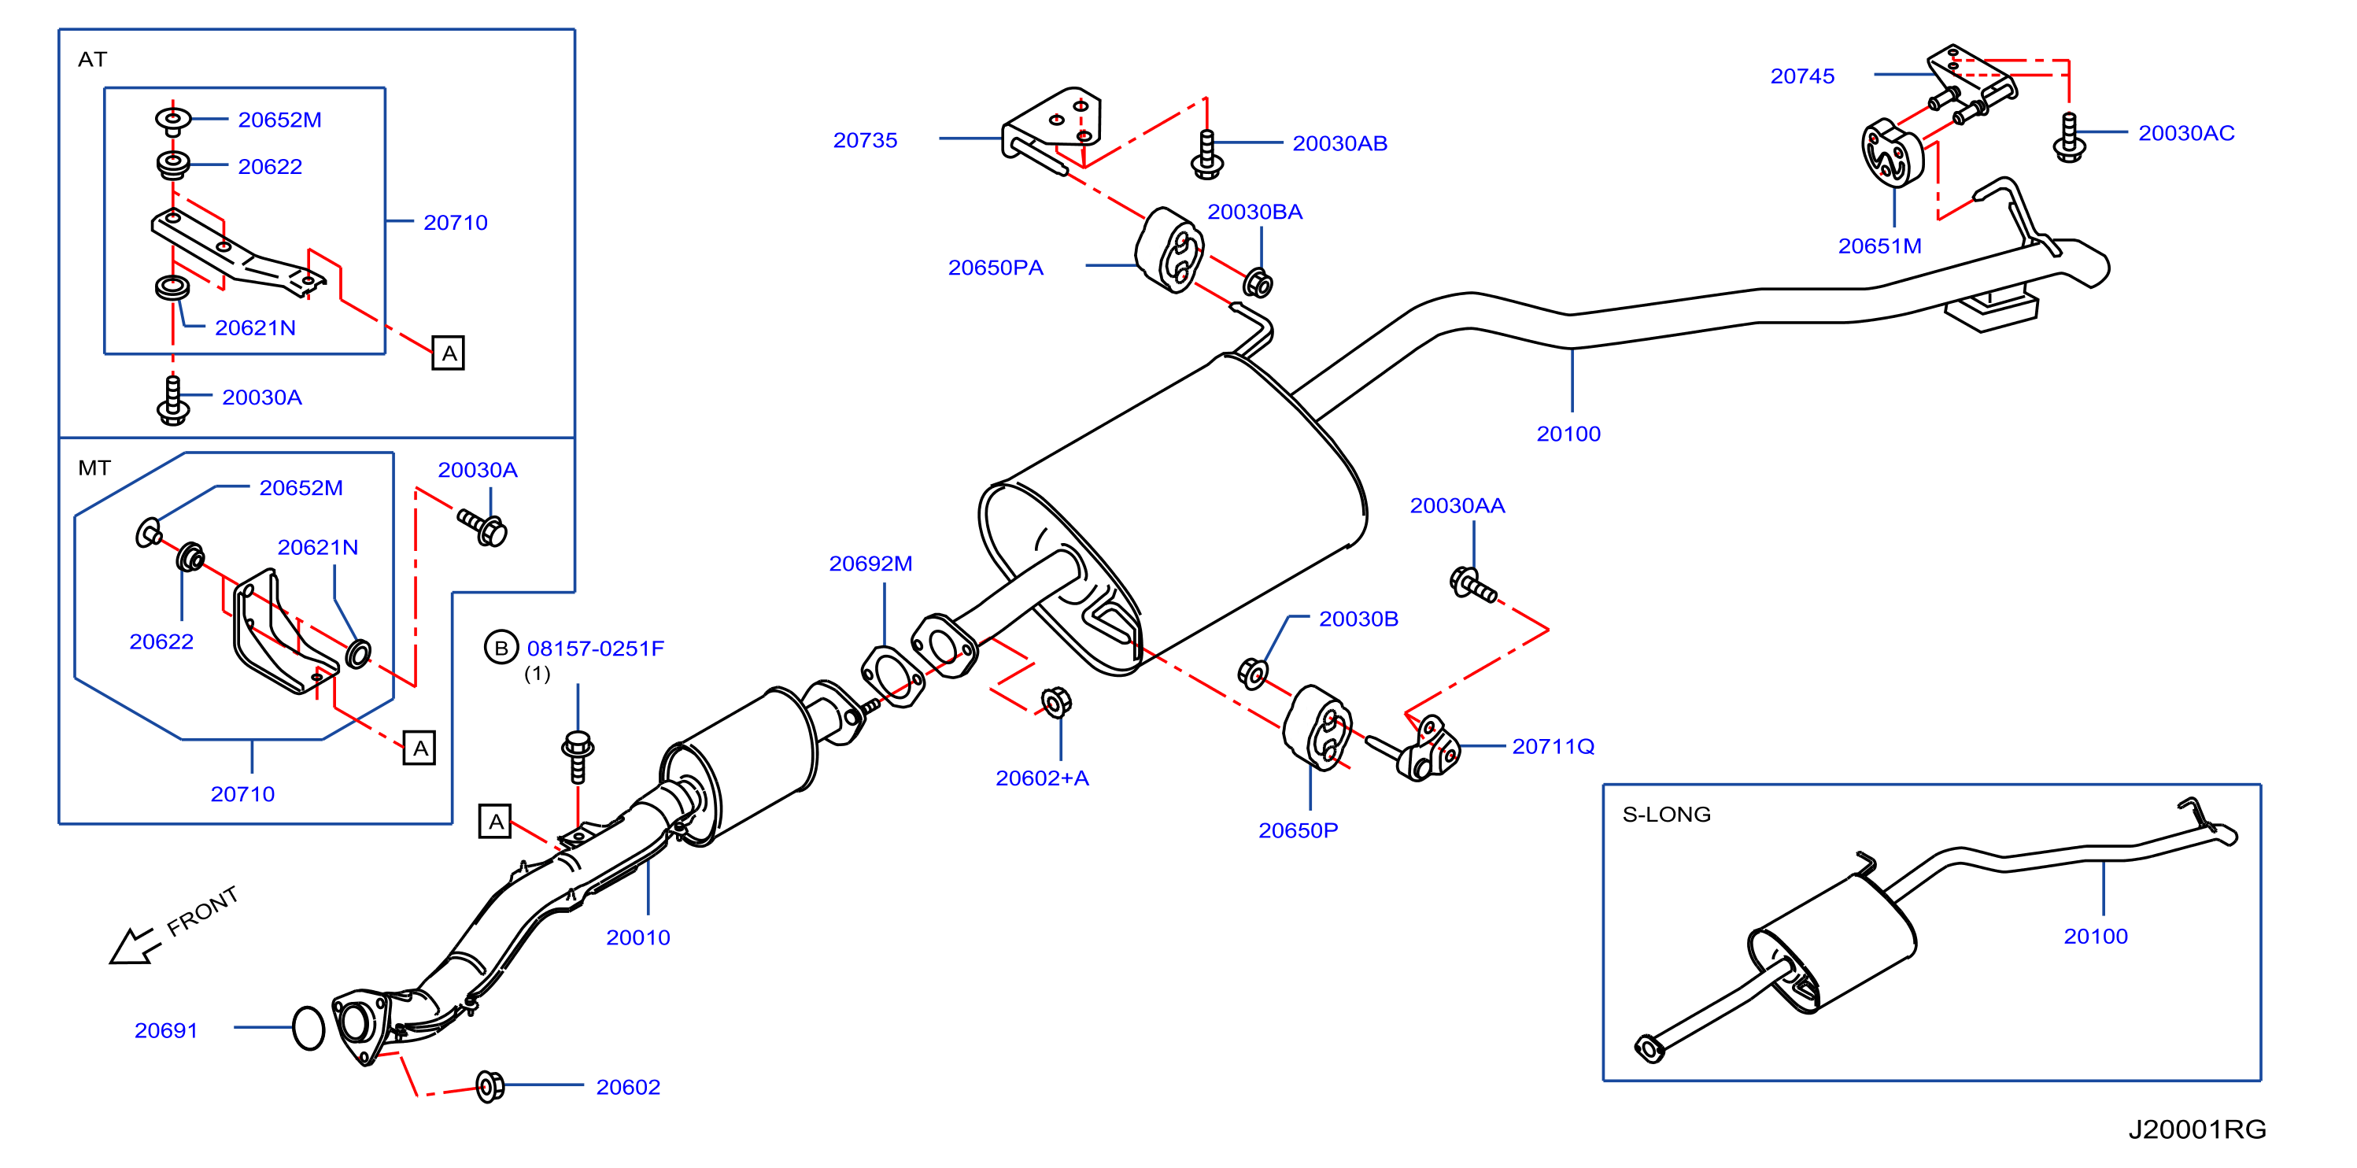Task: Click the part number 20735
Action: pos(865,140)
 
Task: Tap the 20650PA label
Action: pos(996,268)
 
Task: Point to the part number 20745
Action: pos(1801,76)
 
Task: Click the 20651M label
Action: pos(1879,246)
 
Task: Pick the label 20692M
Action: pos(870,563)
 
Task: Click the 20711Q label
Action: pos(1553,746)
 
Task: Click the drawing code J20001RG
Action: pos(2197,1129)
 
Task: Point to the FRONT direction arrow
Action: pos(134,945)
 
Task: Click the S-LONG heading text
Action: pos(1666,814)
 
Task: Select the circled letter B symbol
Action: pos(501,648)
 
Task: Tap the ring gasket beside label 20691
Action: pos(308,1028)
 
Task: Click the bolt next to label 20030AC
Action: pos(2069,137)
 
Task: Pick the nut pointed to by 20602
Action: pos(490,1086)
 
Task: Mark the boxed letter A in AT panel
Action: pos(449,353)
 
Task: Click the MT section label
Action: pos(94,468)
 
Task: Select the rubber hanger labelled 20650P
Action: pos(1317,728)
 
